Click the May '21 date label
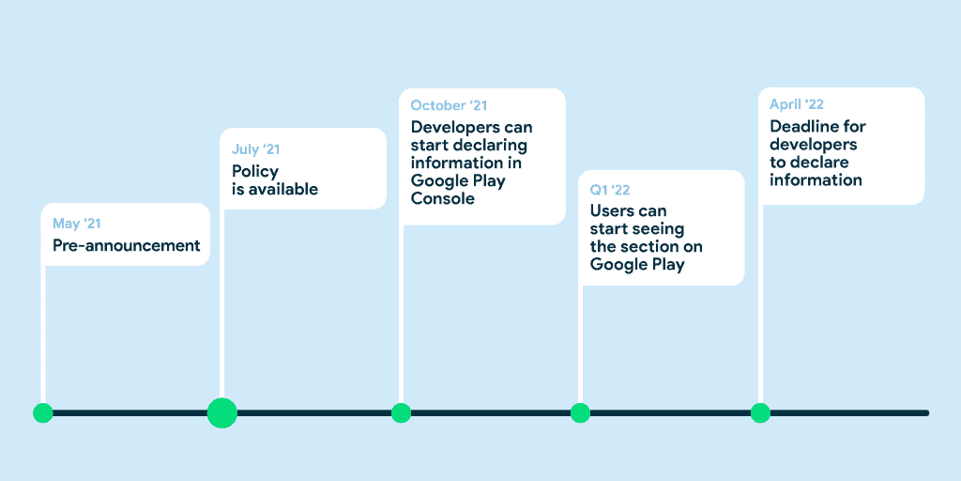[x=77, y=224]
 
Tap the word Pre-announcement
[x=127, y=245]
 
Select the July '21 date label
[x=255, y=149]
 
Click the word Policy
[x=255, y=172]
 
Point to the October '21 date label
[x=450, y=105]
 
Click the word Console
[x=443, y=199]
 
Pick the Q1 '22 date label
[x=610, y=190]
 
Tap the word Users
[x=612, y=211]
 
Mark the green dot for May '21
[x=43, y=413]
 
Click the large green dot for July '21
[x=221, y=413]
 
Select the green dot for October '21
[x=401, y=413]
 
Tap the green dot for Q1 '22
[x=580, y=413]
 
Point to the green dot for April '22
[x=760, y=413]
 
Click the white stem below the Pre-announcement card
[x=43, y=334]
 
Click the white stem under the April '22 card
[x=760, y=303]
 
